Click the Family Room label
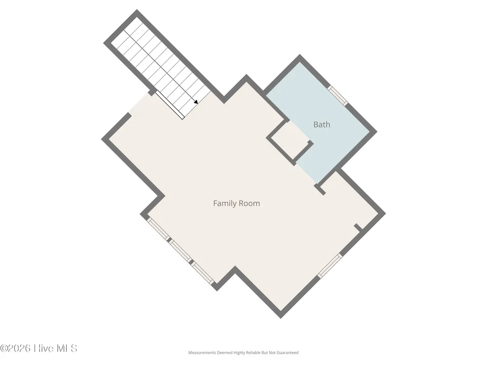pos(236,203)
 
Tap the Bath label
pos(322,125)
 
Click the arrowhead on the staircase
pos(196,102)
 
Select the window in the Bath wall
pos(337,95)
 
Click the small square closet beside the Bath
pos(289,141)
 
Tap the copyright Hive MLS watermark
pos(38,348)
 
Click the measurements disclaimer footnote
pos(243,352)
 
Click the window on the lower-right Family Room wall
pos(330,265)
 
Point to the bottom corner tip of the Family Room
pos(281,318)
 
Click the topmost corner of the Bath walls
pos(300,55)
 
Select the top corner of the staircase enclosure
pos(137,10)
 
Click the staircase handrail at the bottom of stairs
pos(169,105)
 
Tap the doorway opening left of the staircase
pos(140,104)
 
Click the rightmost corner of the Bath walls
pos(377,131)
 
